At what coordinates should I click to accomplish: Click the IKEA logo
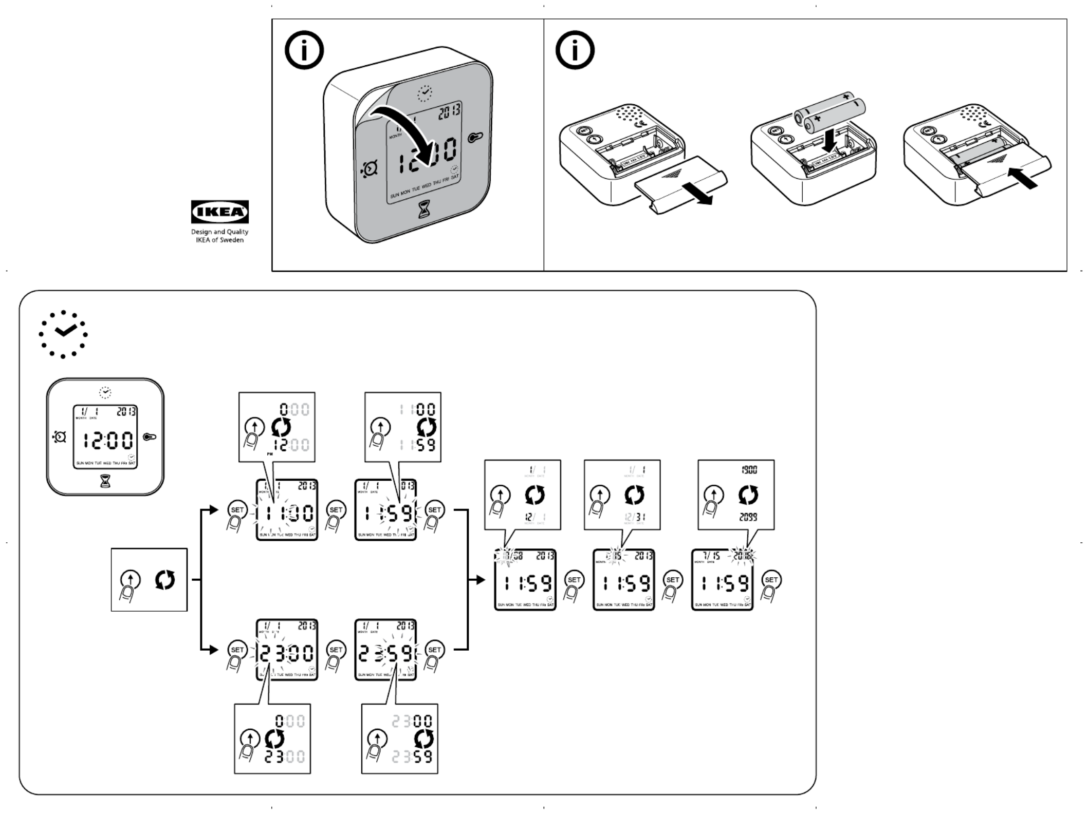point(220,212)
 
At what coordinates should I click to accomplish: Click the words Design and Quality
point(220,232)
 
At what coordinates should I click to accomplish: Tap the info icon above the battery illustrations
point(575,50)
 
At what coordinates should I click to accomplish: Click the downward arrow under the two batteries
point(829,140)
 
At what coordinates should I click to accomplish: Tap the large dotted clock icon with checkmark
point(63,334)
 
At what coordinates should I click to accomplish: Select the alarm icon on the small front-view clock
point(60,437)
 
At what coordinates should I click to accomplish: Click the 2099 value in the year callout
point(748,517)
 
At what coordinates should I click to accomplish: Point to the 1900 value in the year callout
point(749,469)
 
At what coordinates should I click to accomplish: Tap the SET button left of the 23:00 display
point(237,650)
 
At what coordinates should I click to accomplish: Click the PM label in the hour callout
point(269,454)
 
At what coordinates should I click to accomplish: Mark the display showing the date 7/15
point(722,579)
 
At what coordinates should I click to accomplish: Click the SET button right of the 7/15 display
point(771,580)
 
